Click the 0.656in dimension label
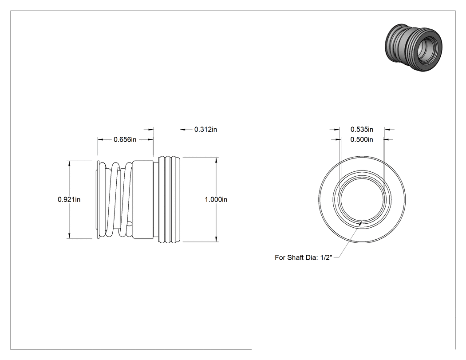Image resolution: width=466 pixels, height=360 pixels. [x=125, y=139]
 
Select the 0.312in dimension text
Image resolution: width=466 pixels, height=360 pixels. [x=205, y=129]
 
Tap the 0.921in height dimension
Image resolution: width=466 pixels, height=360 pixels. [x=69, y=199]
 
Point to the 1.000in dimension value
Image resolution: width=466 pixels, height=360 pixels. [x=216, y=199]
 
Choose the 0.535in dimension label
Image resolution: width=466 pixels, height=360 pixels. [x=362, y=129]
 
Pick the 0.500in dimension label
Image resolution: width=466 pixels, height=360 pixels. [x=362, y=139]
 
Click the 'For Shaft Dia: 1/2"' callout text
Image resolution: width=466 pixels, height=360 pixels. [x=304, y=257]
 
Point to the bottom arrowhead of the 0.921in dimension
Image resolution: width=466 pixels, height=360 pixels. [x=69, y=235]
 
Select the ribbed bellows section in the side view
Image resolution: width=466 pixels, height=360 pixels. [x=170, y=199]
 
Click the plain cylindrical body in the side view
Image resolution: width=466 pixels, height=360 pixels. [x=143, y=199]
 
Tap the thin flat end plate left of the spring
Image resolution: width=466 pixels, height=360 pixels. [x=98, y=199]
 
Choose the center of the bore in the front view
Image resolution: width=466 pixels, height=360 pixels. [x=362, y=199]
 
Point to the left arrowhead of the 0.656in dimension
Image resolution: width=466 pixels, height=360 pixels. [x=101, y=139]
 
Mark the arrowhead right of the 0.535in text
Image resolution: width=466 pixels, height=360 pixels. [x=387, y=130]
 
